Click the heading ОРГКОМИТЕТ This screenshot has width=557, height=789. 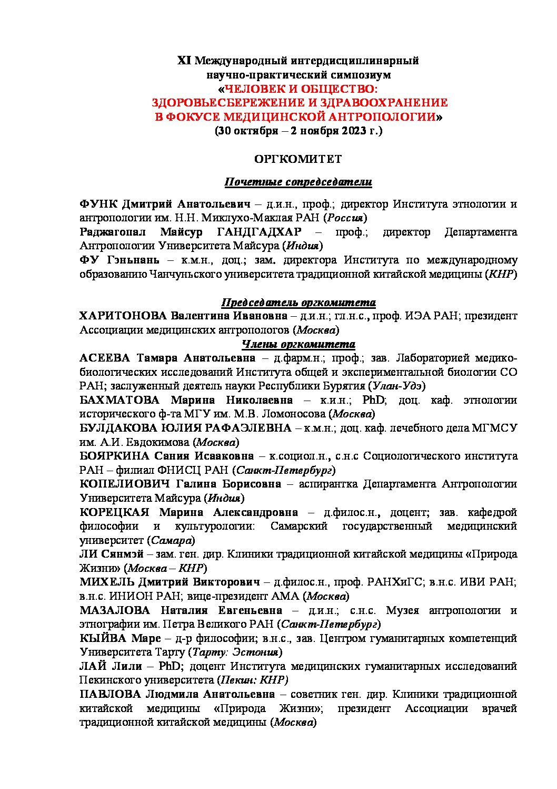click(x=297, y=159)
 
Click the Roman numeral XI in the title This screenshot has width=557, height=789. click(x=184, y=61)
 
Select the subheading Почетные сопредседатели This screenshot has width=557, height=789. click(x=298, y=182)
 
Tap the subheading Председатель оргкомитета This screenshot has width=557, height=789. click(x=298, y=303)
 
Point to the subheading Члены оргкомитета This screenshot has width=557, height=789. click(x=298, y=344)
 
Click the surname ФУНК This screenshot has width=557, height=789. click(x=98, y=204)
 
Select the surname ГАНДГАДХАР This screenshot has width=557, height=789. click(x=259, y=232)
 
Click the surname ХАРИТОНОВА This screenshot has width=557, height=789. click(x=123, y=316)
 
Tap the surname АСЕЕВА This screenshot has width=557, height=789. click(x=104, y=358)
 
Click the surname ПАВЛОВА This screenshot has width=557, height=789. click(x=110, y=694)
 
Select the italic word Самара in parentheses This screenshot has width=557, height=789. click(x=172, y=540)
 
